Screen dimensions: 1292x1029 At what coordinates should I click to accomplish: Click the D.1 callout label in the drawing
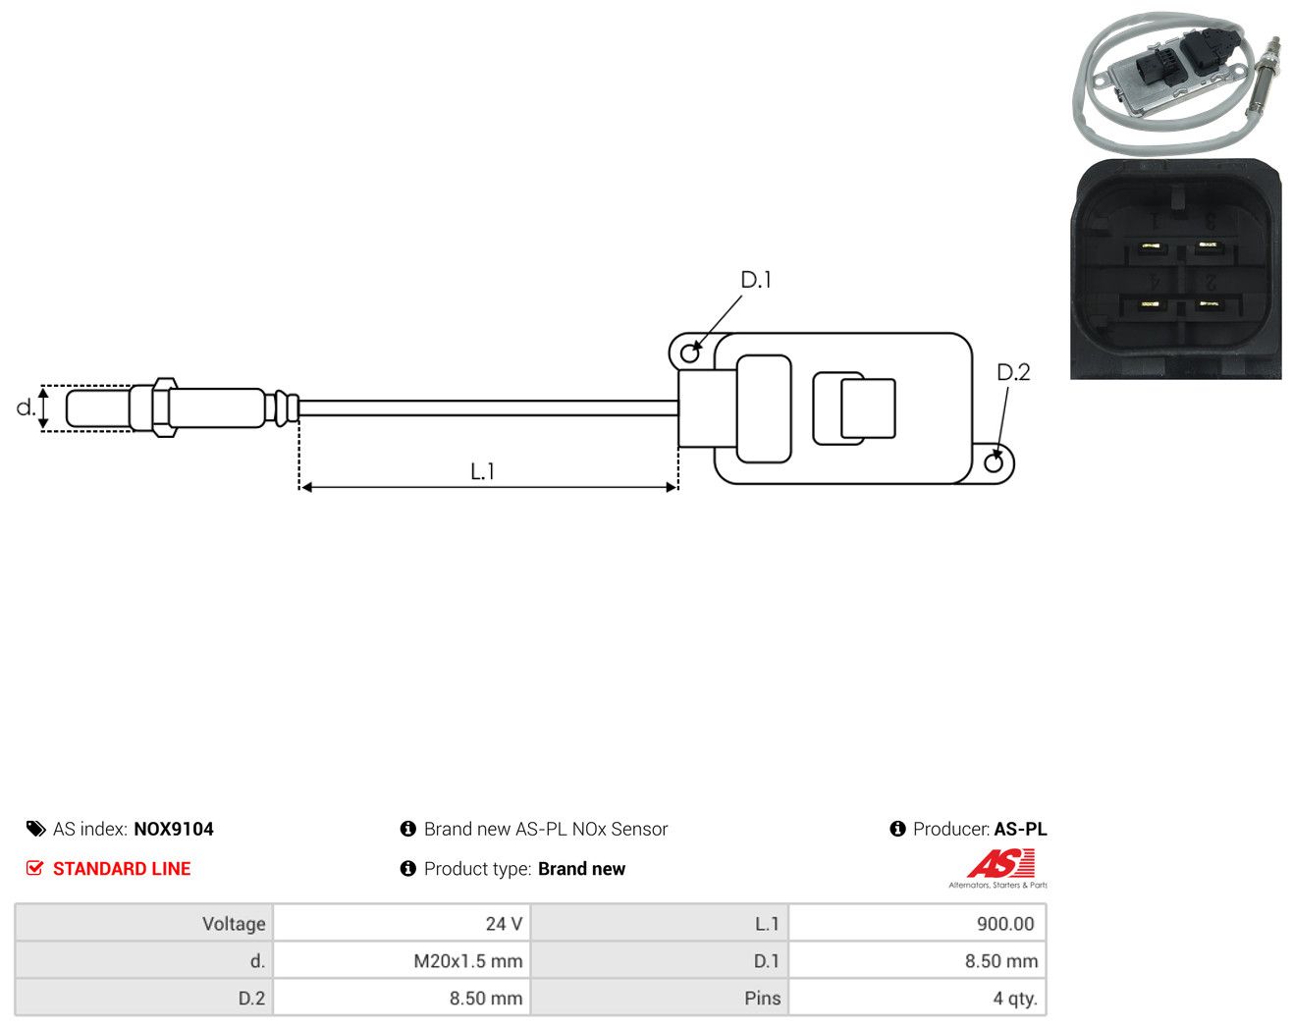755,280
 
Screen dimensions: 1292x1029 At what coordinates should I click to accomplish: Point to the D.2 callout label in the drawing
1013,373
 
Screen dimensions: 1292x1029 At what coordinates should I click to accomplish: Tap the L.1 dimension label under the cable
482,471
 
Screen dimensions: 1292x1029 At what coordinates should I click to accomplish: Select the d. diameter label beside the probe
26,407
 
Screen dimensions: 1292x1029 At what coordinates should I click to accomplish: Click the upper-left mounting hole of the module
690,353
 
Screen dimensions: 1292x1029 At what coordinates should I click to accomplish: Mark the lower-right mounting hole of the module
993,462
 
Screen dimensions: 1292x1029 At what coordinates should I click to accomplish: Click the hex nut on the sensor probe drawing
165,407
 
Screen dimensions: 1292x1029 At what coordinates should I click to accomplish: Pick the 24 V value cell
504,923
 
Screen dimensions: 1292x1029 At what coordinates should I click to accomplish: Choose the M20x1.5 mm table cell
467,960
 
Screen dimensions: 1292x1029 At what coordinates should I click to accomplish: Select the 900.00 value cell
1005,923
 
